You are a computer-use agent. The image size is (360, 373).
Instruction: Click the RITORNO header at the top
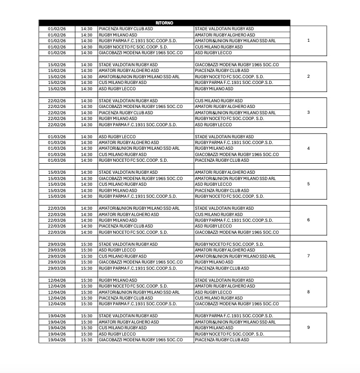click(x=164, y=23)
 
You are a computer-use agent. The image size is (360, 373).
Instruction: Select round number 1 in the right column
click(x=308, y=40)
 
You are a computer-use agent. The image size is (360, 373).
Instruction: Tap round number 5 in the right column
click(x=308, y=184)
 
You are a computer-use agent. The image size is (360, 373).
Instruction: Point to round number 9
click(x=308, y=327)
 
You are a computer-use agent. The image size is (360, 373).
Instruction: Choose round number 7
click(x=308, y=256)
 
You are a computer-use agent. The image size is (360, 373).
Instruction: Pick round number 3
click(x=308, y=112)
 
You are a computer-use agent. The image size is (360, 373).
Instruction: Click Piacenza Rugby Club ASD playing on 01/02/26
click(x=126, y=29)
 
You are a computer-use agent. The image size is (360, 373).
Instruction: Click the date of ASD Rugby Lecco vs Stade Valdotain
click(x=57, y=137)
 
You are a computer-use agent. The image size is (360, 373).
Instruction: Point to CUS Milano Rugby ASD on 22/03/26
click(x=218, y=214)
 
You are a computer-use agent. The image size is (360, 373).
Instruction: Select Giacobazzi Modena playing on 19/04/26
click(x=141, y=340)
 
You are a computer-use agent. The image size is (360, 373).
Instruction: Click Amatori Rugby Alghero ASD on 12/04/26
click(x=225, y=286)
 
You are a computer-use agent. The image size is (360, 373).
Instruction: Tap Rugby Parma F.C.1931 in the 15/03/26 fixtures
click(x=138, y=196)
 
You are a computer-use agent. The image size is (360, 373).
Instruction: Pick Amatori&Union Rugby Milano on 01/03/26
click(x=139, y=148)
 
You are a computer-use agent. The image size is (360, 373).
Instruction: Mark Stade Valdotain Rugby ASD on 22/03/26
click(x=224, y=208)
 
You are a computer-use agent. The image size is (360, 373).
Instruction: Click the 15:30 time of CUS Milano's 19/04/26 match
click(x=86, y=328)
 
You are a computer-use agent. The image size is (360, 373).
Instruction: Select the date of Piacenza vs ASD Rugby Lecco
click(x=57, y=226)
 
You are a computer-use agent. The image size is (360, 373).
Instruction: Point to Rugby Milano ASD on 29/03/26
click(x=214, y=262)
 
